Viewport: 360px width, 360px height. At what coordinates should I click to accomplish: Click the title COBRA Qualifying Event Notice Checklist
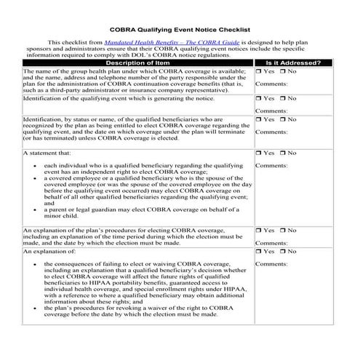pos(179,30)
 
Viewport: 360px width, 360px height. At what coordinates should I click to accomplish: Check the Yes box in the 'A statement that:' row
pos(259,153)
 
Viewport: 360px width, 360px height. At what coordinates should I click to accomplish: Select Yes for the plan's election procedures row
pos(259,230)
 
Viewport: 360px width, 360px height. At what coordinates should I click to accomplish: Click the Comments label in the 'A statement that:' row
pos(271,166)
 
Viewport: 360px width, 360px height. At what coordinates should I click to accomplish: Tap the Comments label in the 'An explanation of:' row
pos(271,263)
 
